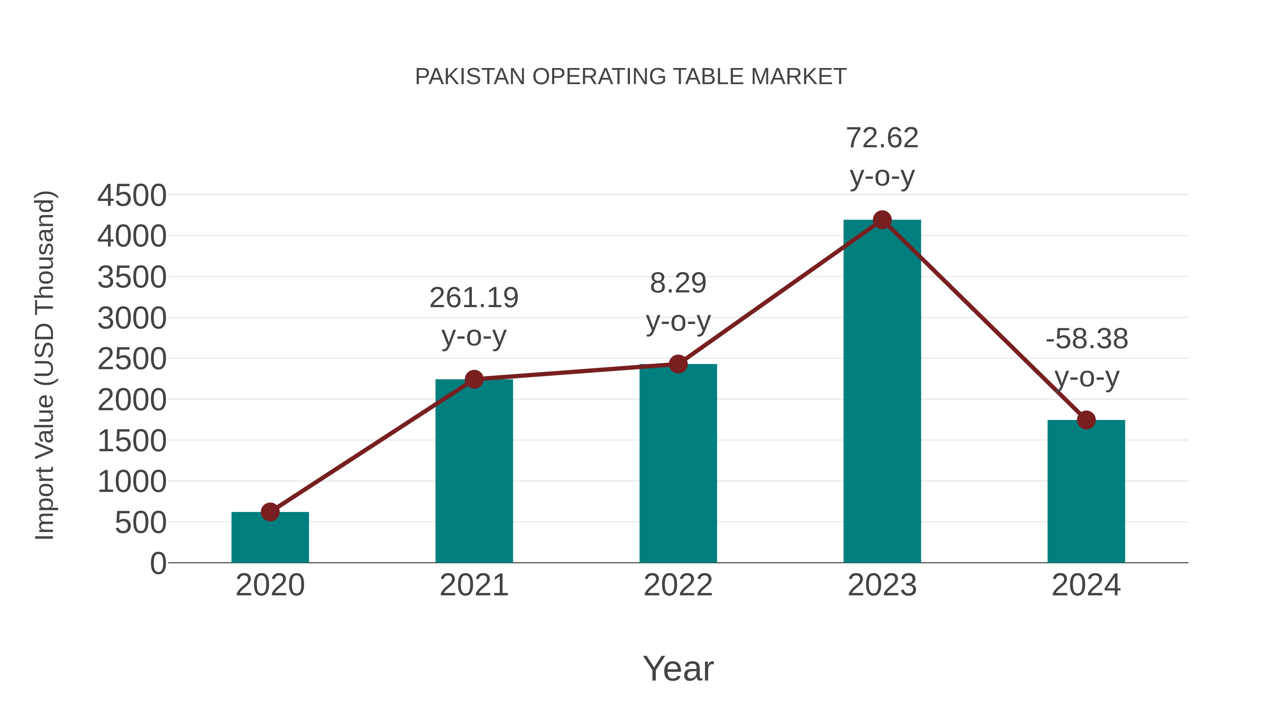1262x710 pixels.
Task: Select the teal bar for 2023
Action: tap(882, 392)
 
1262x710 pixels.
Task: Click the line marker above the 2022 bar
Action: tap(678, 364)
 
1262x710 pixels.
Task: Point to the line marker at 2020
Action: tap(270, 512)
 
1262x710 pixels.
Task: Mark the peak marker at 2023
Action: tap(882, 220)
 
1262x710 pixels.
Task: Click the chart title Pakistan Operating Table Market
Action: tap(631, 77)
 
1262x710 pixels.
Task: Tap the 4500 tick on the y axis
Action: tap(132, 196)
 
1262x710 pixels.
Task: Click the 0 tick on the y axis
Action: tap(158, 563)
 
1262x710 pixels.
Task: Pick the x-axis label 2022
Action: tap(678, 585)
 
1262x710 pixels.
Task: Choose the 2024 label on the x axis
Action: tap(1086, 585)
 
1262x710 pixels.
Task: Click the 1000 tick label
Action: tap(132, 482)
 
